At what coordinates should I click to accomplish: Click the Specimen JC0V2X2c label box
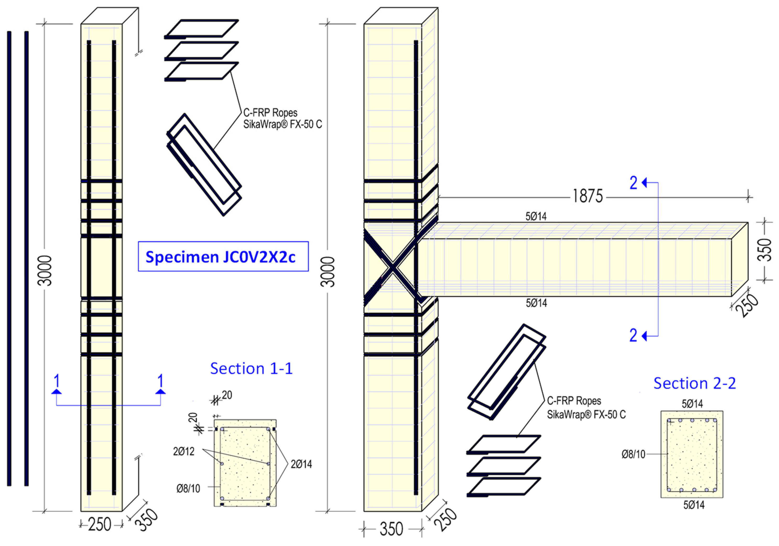click(x=223, y=256)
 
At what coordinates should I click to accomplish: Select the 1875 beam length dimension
click(x=588, y=196)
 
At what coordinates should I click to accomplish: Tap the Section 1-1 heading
click(x=251, y=369)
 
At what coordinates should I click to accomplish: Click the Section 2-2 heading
click(x=695, y=384)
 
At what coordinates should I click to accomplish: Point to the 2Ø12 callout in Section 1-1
click(x=184, y=451)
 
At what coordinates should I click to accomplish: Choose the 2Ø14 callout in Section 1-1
click(x=301, y=464)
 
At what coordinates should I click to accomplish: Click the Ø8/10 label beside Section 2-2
click(x=633, y=454)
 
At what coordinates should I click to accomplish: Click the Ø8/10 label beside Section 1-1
click(x=188, y=488)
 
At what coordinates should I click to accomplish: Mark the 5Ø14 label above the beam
click(x=536, y=216)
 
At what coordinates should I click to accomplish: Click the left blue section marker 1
click(x=57, y=381)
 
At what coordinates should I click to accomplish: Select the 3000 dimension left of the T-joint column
click(x=328, y=271)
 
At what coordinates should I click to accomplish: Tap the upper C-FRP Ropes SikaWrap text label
click(x=282, y=118)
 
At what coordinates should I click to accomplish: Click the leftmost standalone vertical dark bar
click(x=9, y=258)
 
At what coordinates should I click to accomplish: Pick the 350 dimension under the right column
click(x=391, y=529)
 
